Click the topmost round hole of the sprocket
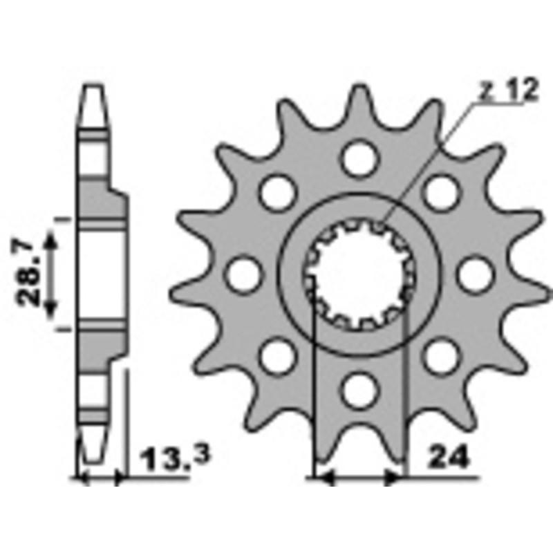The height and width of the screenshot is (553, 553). coord(359,158)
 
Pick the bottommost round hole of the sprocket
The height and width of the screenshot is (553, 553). coord(359,391)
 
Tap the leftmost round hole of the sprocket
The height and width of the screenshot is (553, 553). coord(243,274)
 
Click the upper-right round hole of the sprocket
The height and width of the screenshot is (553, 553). coord(441,192)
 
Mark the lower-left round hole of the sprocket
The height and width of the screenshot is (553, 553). coord(278,357)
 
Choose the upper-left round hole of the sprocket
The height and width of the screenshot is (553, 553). coord(278,192)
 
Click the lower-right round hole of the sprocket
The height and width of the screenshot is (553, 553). coord(441,357)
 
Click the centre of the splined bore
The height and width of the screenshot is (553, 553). coord(359,276)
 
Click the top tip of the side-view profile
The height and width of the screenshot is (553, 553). coord(95,86)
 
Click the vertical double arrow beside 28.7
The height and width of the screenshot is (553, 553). coord(50,275)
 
